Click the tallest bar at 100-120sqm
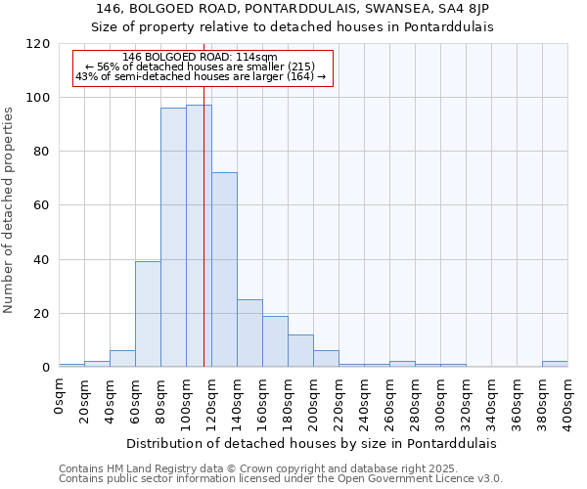(x=199, y=236)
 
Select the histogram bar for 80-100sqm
(x=173, y=238)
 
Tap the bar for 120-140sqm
(x=224, y=270)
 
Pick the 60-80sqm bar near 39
(x=148, y=314)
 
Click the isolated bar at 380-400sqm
(x=555, y=364)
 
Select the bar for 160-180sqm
(x=275, y=341)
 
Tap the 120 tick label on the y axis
(x=38, y=44)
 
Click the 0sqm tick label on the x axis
(x=60, y=397)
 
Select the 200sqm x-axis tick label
(x=314, y=402)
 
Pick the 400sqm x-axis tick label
(x=568, y=402)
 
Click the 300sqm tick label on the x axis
(x=441, y=402)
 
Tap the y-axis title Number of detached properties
(x=10, y=209)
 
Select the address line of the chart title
(x=293, y=9)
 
